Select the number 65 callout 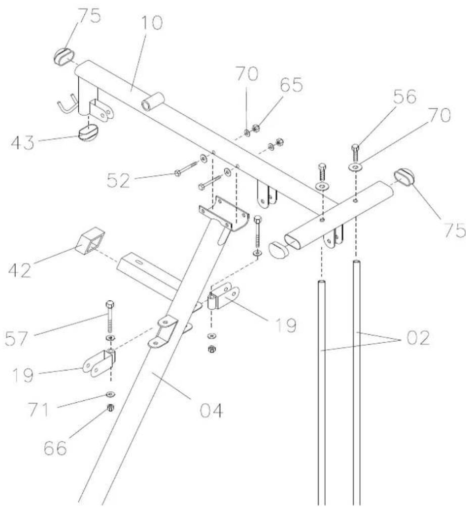291,85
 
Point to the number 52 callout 118,180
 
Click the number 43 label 23,142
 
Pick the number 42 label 20,270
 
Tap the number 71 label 39,409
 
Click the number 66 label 56,447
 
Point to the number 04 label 212,410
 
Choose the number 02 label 418,338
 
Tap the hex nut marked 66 110,408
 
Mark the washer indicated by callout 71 111,394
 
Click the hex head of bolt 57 110,304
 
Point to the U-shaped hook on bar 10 68,104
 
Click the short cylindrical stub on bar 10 153,101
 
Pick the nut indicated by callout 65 255,129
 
